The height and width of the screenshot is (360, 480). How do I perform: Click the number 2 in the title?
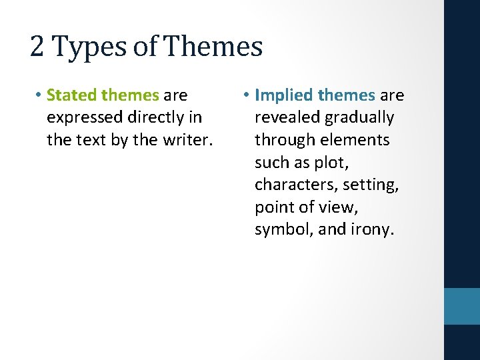(x=38, y=47)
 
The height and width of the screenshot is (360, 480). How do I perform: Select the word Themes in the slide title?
(x=213, y=47)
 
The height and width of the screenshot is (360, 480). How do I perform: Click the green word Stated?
(x=71, y=95)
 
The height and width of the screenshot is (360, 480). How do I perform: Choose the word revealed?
(x=287, y=118)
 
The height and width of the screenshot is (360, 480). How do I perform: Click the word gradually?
(x=360, y=118)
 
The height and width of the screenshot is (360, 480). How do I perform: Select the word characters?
(x=294, y=185)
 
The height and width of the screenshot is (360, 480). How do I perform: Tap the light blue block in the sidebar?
(x=462, y=306)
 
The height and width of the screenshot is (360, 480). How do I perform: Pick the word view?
(x=341, y=207)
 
